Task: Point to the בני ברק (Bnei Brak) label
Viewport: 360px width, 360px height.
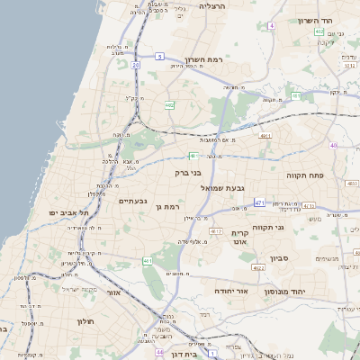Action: pos(189,169)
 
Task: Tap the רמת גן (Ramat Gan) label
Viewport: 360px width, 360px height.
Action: pos(169,208)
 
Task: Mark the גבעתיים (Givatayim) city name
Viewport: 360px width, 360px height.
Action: pos(133,201)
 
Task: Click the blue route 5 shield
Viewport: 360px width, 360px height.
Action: pos(159,57)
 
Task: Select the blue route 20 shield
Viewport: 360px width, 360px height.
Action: pos(135,65)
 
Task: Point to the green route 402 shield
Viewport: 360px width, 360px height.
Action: pos(169,105)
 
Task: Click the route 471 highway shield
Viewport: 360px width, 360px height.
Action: pos(258,202)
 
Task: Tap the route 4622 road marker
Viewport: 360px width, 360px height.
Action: pos(258,267)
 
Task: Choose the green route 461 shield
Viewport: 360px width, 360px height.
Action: pos(147,261)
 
